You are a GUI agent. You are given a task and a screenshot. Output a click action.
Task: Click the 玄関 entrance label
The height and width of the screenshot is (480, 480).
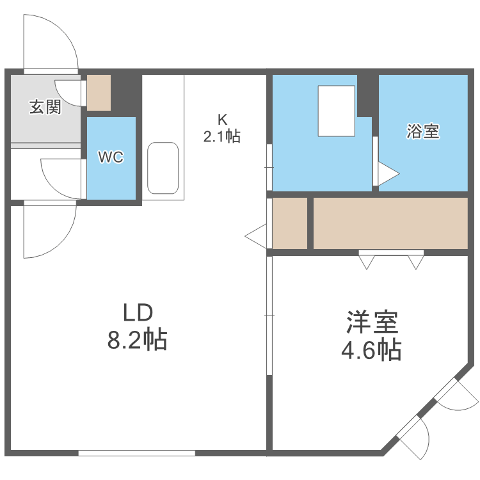pos(45,108)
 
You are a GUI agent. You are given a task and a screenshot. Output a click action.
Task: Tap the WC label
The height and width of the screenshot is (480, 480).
pos(110,157)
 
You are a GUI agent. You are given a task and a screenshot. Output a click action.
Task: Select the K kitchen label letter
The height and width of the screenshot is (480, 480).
pos(222,119)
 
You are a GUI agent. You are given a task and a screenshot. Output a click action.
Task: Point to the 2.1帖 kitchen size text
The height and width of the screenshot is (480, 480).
pos(222,136)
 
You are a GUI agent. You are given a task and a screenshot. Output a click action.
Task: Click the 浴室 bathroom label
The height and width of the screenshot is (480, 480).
pos(423,131)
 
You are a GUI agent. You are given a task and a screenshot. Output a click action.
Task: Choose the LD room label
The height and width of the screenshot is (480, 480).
pos(137,313)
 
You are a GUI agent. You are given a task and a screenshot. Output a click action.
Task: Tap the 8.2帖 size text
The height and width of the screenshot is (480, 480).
pos(137,340)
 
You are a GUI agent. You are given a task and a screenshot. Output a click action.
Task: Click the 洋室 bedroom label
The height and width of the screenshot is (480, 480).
pos(372,323)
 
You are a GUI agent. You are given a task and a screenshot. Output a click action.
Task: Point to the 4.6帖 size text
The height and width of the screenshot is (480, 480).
pos(372,349)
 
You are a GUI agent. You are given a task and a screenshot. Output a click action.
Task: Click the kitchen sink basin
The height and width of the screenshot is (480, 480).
pos(163,168)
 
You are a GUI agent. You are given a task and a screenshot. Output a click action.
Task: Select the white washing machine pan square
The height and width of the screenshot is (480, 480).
pos(337,111)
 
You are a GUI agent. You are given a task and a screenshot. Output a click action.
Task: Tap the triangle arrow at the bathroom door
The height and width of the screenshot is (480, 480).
pos(388,173)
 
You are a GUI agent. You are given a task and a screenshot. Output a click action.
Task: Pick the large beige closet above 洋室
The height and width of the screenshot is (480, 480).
pos(390,223)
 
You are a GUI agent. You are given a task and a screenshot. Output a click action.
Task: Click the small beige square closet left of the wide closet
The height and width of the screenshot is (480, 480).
pos(290,223)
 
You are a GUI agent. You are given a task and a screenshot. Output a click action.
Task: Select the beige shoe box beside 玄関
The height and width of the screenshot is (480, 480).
pos(99,93)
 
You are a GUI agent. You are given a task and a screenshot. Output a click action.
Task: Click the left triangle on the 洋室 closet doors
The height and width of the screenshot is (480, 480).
pos(367,262)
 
